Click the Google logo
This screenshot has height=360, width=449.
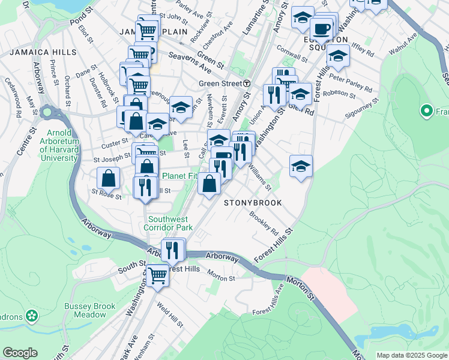point(20,353)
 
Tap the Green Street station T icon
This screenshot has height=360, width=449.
point(246,83)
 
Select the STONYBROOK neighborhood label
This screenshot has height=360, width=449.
point(253,203)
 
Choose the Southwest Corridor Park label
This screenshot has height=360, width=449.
point(170,223)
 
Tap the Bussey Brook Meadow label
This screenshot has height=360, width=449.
point(90,310)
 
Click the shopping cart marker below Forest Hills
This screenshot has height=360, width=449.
point(158,276)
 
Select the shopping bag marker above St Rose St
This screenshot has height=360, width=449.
point(109,178)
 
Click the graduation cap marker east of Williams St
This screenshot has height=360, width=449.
point(301,166)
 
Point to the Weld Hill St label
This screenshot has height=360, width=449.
point(170,315)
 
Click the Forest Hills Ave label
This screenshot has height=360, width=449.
point(268,301)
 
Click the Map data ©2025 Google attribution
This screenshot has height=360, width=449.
point(412,355)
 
